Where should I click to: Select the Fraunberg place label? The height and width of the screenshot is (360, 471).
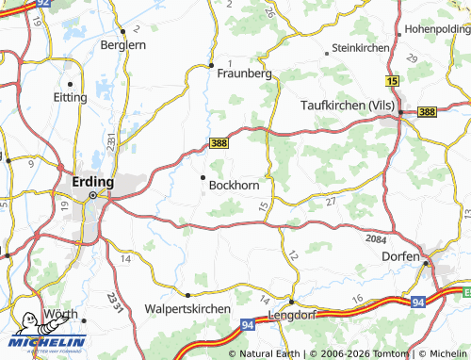pos(244,73)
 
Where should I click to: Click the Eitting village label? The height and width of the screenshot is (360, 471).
pos(71,96)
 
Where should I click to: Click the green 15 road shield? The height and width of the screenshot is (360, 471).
pos(392,83)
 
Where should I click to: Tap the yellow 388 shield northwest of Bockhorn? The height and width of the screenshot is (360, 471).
pos(219,143)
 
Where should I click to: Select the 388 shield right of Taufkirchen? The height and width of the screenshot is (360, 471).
pos(427,112)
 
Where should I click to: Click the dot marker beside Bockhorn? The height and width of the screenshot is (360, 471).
pos(202,176)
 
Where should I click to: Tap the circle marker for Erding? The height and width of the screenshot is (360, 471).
pos(92,196)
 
